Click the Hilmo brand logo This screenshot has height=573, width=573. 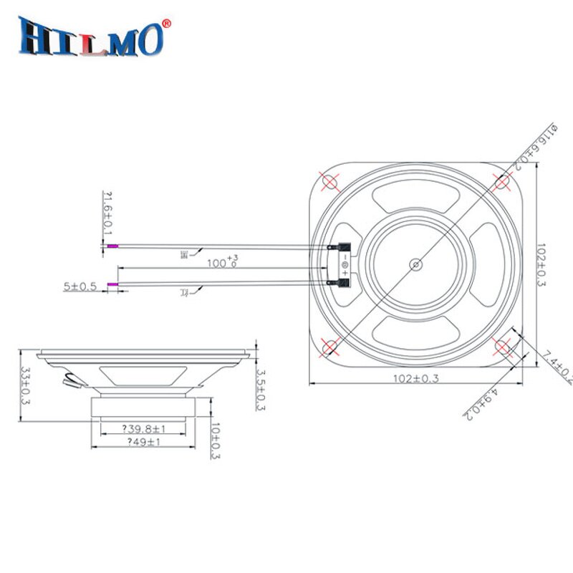tap(92, 37)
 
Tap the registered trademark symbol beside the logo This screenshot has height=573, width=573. tap(167, 23)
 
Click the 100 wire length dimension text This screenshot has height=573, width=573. tap(222, 262)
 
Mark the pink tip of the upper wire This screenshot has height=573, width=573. tap(112, 246)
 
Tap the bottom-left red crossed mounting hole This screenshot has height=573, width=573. tap(330, 347)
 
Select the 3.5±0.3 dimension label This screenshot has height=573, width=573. tap(261, 390)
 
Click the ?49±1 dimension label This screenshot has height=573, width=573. tap(146, 443)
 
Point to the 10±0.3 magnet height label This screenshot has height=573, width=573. tap(216, 440)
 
